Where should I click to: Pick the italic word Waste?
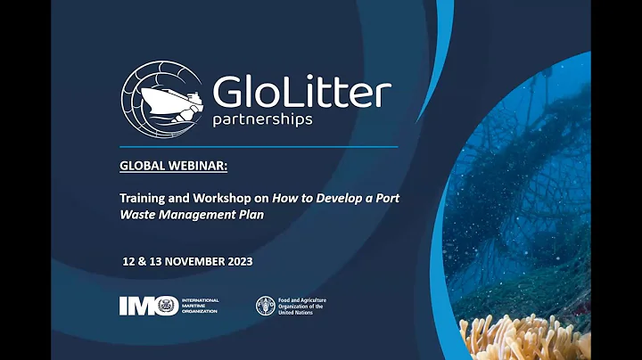[138, 216]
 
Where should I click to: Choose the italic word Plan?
[252, 216]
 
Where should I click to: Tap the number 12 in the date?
[130, 264]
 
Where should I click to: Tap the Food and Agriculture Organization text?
[302, 307]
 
